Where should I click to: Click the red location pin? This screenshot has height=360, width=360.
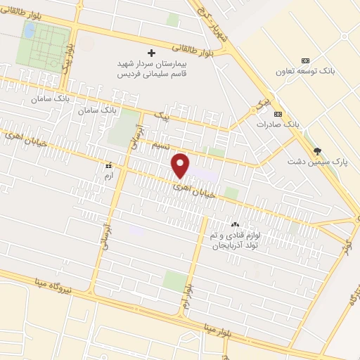click(181, 166)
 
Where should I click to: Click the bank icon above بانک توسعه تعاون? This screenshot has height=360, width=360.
click(304, 60)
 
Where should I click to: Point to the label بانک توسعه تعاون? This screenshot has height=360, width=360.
click(312, 72)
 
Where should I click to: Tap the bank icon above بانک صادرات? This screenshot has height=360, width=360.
click(278, 114)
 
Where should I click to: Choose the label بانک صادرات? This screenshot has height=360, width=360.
click(278, 124)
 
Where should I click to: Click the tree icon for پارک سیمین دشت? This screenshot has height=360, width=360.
click(318, 151)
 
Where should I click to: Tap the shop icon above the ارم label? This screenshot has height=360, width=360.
click(108, 166)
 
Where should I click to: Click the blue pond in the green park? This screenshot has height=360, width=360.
click(30, 30)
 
